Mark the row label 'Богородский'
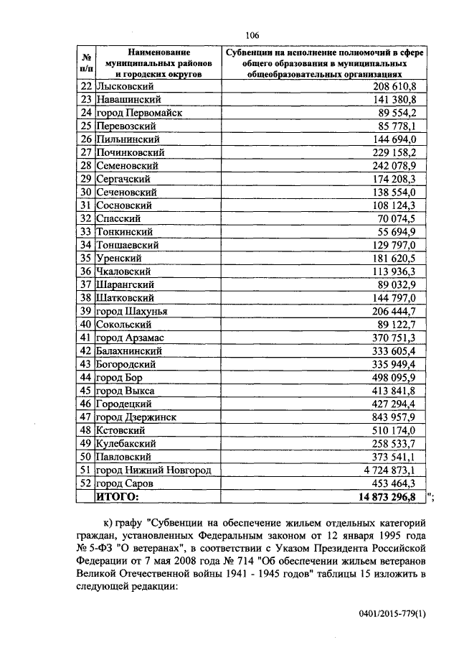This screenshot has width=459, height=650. click(127, 364)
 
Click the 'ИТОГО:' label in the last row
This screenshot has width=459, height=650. click(119, 496)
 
